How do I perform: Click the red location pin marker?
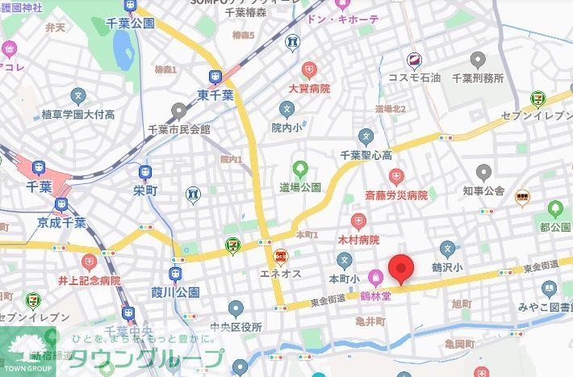(401, 269)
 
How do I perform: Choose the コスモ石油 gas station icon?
(414, 60)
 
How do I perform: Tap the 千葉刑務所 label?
(478, 78)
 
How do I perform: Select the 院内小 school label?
(286, 128)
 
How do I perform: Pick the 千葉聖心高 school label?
(366, 154)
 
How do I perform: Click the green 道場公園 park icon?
(300, 170)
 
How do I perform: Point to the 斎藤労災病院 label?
(395, 195)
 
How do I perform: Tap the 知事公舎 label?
(483, 191)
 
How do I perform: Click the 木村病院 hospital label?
(358, 240)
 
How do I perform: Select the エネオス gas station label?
(281, 274)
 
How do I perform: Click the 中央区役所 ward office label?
(236, 327)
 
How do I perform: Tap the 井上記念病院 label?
(89, 280)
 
